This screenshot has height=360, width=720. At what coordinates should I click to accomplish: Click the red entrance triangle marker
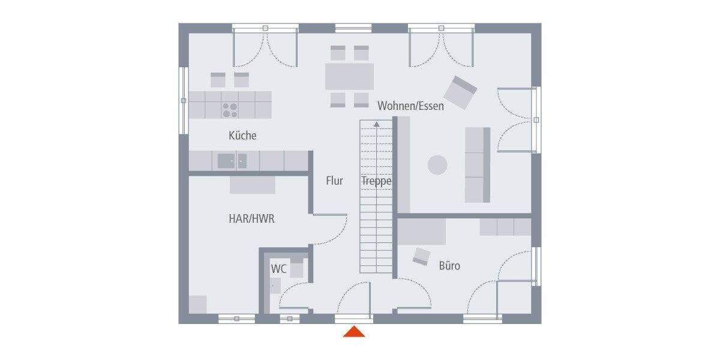(354, 332)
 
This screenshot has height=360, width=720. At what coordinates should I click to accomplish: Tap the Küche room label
(242, 136)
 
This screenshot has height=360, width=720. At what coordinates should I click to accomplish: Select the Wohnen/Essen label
(410, 106)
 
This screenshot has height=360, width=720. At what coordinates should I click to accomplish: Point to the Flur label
(334, 180)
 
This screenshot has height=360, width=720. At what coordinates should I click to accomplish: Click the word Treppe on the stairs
(376, 181)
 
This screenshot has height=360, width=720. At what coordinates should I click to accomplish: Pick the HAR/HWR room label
(251, 219)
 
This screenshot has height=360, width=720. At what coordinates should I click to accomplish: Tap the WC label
(278, 268)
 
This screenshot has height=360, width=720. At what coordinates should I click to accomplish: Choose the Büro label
(449, 265)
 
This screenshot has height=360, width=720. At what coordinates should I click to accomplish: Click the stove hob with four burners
(230, 109)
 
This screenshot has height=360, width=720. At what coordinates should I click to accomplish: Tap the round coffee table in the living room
(437, 165)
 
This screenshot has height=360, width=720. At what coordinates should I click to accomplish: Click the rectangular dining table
(349, 76)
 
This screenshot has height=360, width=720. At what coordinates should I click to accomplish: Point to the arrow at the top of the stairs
(376, 125)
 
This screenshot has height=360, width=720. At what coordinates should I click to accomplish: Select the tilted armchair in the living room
(460, 92)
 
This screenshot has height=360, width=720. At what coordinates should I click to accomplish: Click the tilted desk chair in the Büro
(421, 256)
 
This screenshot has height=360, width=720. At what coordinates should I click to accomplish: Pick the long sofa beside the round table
(478, 164)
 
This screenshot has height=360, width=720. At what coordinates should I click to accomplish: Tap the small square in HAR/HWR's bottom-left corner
(197, 304)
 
